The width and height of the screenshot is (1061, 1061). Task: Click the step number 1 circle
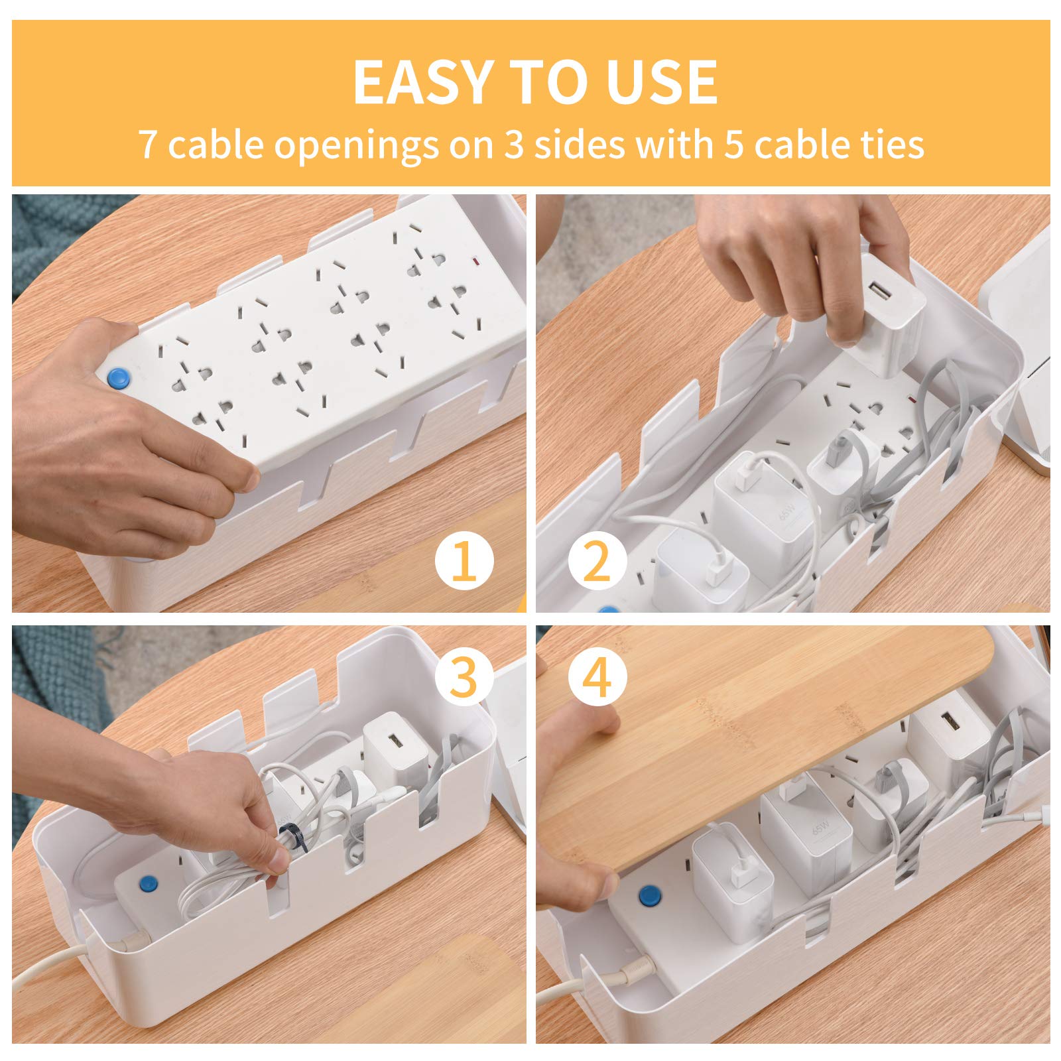click(464, 562)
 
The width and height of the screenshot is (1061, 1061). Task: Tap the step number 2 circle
click(597, 562)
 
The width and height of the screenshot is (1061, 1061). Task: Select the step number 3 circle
click(464, 678)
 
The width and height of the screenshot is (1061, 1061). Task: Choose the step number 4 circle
click(597, 678)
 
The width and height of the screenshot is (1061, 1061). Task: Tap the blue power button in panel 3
click(145, 883)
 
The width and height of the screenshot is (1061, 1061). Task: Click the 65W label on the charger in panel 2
click(789, 511)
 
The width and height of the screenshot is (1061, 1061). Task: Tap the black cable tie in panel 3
click(290, 837)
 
